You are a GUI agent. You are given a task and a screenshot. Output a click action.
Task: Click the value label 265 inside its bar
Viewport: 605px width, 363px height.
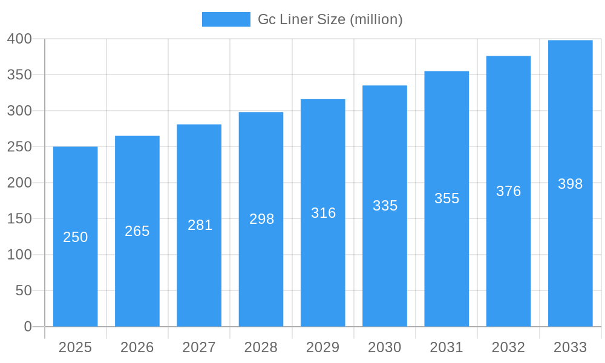[x=137, y=231]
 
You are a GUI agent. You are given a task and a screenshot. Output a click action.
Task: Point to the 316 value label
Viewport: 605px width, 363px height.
[x=323, y=213]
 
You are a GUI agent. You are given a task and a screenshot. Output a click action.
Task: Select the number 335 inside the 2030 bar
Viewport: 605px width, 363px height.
[x=385, y=206]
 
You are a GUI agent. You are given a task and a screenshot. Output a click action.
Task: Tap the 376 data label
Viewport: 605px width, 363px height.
[x=508, y=191]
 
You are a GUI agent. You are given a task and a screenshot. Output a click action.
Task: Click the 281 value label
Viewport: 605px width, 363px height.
[x=200, y=225]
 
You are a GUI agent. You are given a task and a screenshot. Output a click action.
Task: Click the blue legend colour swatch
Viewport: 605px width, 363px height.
[x=226, y=19]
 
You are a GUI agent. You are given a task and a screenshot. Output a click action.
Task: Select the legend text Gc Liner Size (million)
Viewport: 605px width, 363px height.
[x=330, y=19]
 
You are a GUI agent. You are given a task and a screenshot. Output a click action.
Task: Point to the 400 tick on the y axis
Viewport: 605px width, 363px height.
[x=19, y=39]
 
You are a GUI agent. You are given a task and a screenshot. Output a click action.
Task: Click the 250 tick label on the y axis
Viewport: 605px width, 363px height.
[x=19, y=146]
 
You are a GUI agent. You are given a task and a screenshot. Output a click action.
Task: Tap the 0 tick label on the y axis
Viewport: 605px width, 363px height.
[x=27, y=327]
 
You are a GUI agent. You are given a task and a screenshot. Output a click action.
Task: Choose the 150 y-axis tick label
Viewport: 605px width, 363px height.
[x=19, y=218]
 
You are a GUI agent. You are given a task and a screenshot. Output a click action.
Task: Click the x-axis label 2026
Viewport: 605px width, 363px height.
[x=137, y=347]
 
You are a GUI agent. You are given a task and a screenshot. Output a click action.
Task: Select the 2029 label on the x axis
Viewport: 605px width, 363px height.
[x=323, y=347]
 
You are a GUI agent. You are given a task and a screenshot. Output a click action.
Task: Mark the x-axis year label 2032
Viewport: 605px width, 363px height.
[x=508, y=347]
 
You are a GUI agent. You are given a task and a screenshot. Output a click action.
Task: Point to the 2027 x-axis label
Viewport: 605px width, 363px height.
[x=199, y=347]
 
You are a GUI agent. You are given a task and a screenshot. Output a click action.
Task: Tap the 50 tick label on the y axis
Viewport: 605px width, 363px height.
[x=23, y=290]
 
